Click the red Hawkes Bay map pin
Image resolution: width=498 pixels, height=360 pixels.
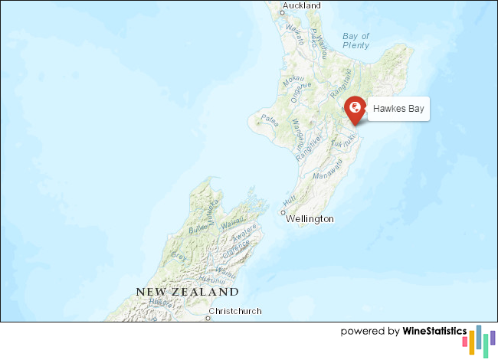[x=354, y=110]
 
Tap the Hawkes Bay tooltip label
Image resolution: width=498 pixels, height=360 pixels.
[x=398, y=110]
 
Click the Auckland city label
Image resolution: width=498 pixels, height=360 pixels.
[x=301, y=6]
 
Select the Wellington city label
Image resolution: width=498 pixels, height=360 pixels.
[x=310, y=219]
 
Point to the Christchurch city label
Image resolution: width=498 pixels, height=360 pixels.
[x=238, y=311]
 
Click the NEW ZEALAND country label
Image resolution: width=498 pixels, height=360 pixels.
[x=188, y=292]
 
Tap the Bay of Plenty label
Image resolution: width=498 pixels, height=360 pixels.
[x=356, y=41]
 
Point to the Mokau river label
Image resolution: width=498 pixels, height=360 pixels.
[x=294, y=80]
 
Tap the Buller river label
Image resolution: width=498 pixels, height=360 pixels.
[x=198, y=228]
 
